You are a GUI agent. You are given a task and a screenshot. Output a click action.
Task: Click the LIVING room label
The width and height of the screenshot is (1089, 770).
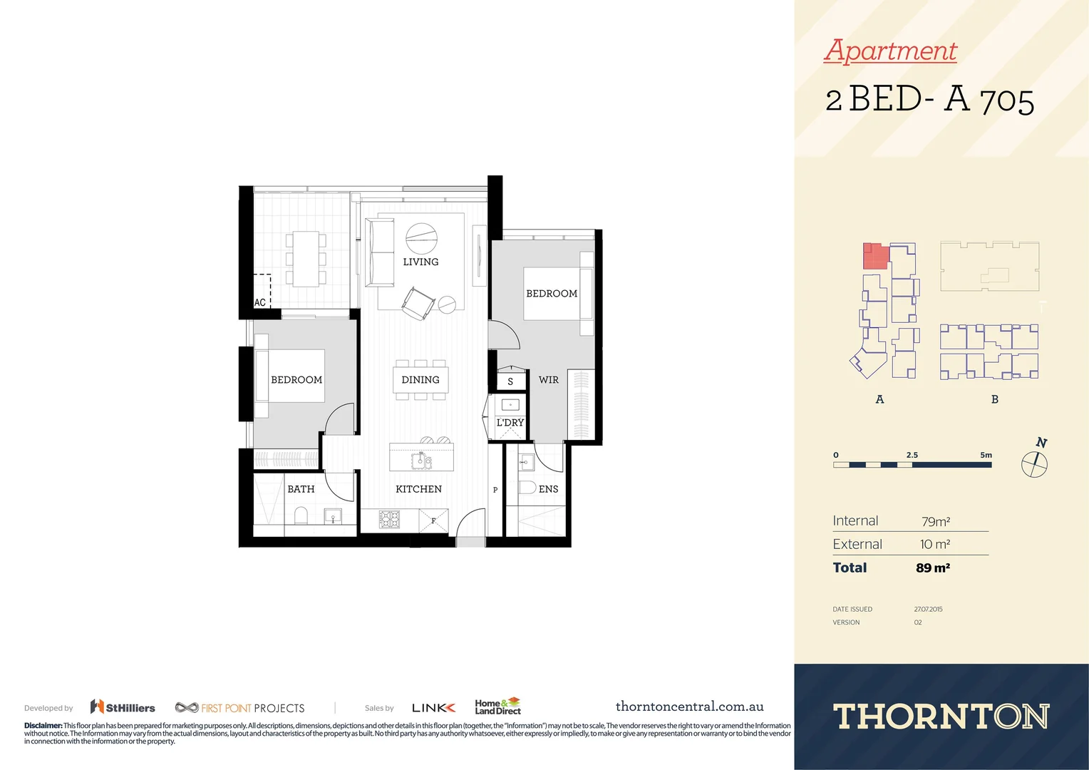pos(420,262)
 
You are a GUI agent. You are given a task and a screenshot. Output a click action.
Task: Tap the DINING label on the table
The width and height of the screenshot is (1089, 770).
pos(420,380)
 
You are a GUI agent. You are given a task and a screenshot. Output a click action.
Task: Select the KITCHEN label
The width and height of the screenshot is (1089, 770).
pos(418,489)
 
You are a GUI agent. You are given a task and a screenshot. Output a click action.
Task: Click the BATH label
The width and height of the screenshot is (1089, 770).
pos(301,489)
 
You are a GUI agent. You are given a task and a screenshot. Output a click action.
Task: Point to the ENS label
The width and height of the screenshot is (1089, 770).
pos(548,489)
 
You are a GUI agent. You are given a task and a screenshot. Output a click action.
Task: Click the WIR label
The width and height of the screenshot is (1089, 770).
pos(548,380)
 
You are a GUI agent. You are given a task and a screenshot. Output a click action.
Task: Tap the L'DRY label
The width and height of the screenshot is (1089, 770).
pos(510,423)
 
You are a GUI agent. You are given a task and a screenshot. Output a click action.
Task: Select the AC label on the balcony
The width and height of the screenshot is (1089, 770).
pos(260,303)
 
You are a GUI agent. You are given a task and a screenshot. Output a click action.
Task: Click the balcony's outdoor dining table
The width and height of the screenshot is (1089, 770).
pos(306,258)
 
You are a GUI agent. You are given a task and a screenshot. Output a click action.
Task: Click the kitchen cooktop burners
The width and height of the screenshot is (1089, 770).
pos(389,519)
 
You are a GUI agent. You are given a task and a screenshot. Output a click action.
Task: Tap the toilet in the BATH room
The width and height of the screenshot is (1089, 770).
pos(301,515)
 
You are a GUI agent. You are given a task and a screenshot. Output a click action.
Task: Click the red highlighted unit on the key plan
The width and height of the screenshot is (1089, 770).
pos(875,256)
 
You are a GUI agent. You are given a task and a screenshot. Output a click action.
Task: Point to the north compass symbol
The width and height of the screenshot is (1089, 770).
pos(1034,464)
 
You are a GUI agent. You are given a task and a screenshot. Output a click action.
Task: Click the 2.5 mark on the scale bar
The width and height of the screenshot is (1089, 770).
pos(912,455)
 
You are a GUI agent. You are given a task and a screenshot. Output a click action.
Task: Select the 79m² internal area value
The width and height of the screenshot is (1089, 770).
pos(935,521)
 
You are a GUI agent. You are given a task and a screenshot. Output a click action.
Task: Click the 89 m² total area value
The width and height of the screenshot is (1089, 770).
pos(932,568)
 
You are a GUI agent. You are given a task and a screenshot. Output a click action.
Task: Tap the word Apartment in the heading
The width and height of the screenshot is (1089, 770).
pos(890,51)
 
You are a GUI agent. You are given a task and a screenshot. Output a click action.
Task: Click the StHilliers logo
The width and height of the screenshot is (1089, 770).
pos(123,707)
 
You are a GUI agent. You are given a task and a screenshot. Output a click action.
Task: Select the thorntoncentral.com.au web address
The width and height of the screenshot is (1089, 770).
pos(689,707)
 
